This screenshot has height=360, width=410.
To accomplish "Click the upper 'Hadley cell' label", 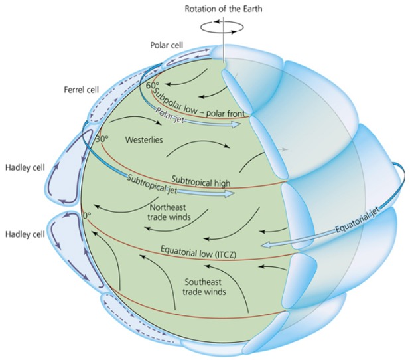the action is pos(24,167).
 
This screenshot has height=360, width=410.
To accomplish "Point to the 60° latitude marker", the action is pos(151,86).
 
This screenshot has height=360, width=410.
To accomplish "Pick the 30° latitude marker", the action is pos(102,139).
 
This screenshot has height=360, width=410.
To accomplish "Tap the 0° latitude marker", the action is pos(85,215).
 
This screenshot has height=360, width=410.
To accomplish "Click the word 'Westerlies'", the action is pos(145,141).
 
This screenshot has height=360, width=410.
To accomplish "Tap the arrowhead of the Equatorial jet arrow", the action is pos(265,245).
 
